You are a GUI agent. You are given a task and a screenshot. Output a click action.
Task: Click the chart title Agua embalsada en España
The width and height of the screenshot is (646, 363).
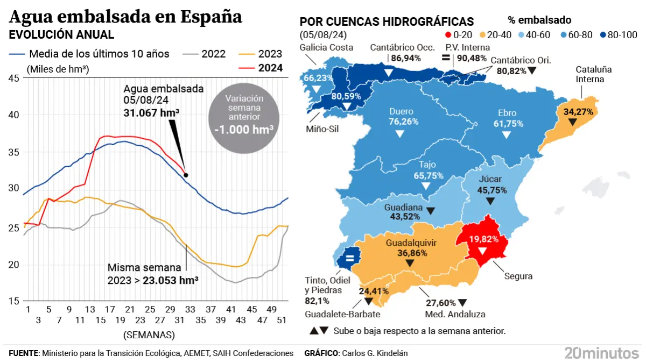126,17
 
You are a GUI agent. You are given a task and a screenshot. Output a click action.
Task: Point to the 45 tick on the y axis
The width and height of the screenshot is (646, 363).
14,79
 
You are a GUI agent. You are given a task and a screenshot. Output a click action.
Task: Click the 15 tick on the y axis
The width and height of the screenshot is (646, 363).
14,301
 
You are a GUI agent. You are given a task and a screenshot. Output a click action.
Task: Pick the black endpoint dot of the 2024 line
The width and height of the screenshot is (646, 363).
186,175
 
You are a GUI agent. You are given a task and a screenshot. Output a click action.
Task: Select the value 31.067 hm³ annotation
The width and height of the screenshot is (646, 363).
151,112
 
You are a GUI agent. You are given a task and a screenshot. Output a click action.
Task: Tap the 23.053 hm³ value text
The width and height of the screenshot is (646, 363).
170,280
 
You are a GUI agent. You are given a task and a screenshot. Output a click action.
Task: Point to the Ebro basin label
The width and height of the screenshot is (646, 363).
507,113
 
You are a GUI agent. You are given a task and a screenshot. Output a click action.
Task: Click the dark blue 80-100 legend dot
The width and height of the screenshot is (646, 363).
603,35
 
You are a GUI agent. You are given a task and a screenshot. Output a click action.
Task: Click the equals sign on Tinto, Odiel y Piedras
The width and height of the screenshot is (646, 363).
349,258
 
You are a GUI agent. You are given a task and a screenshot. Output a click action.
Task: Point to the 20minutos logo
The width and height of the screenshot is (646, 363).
601,353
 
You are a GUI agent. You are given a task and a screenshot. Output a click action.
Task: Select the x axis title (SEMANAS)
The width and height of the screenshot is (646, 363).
149,335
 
